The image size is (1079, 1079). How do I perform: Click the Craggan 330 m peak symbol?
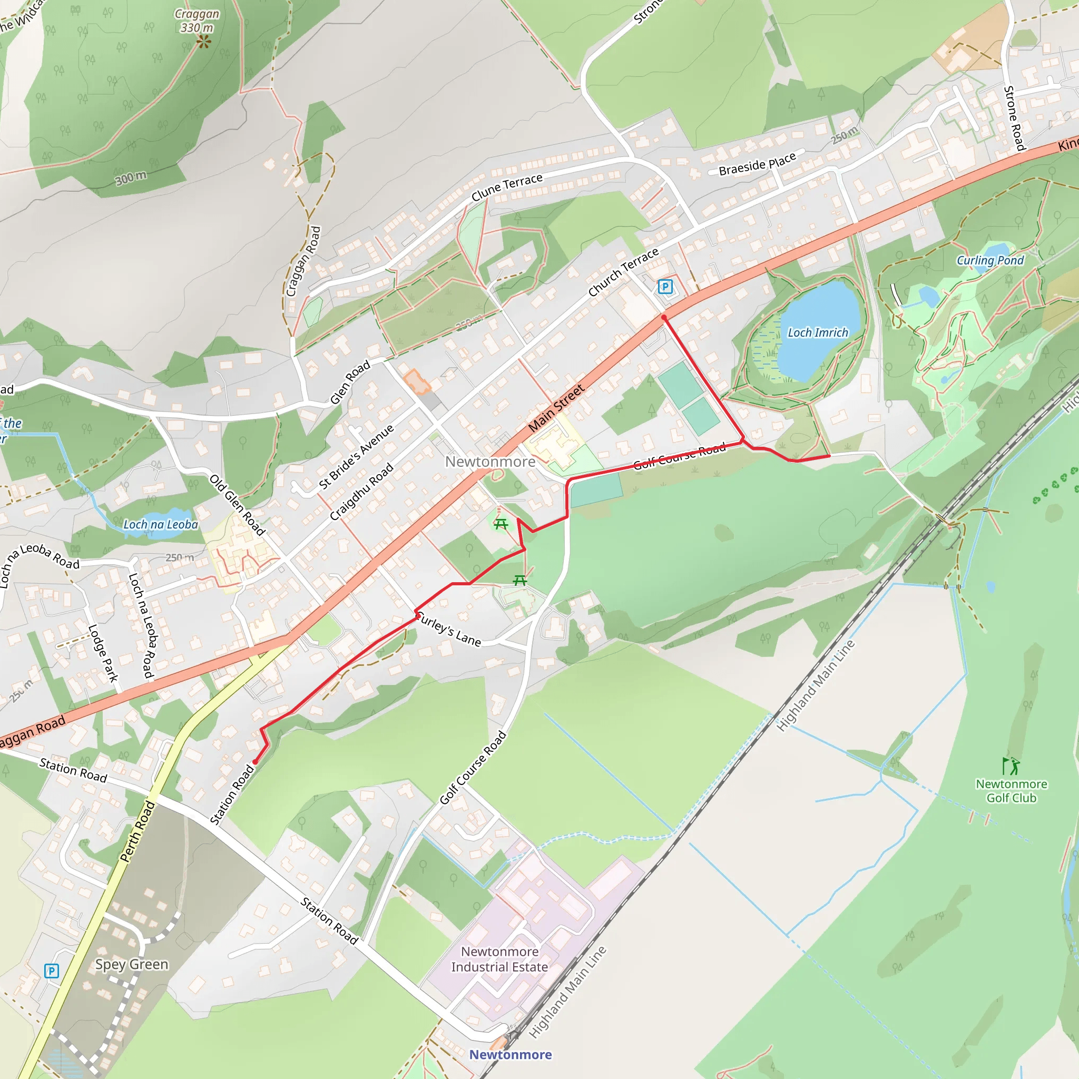204,42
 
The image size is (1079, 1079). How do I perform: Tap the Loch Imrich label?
818,333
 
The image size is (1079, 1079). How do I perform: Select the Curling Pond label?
990,260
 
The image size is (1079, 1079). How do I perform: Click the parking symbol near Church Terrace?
664,287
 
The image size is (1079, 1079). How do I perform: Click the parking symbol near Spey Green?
52,971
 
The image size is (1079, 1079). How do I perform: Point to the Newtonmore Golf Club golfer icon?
1012,766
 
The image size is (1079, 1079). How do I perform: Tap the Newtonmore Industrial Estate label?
499,959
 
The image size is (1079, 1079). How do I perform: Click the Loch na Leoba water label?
160,524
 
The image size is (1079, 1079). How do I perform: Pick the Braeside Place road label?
757,164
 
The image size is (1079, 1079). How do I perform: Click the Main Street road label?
556,408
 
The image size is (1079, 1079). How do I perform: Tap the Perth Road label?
138,831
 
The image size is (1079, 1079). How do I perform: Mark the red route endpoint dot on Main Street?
664,318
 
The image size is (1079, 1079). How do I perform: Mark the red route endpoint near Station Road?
255,762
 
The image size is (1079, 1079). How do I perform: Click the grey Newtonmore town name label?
490,462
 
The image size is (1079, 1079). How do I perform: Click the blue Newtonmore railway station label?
510,1054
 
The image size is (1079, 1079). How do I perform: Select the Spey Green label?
131,965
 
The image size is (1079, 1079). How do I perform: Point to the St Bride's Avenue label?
356,457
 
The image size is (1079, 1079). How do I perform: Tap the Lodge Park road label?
103,653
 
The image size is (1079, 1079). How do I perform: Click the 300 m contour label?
131,178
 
